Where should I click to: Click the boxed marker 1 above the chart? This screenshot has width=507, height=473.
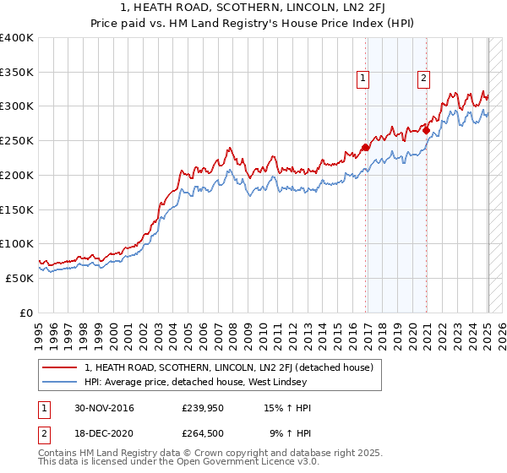(363, 79)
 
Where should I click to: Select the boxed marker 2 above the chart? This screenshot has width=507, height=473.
(422, 79)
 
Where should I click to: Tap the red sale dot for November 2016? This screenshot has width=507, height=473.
(366, 148)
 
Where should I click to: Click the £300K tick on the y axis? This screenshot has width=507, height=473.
(17, 106)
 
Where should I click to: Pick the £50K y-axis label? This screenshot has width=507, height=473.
(19, 278)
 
